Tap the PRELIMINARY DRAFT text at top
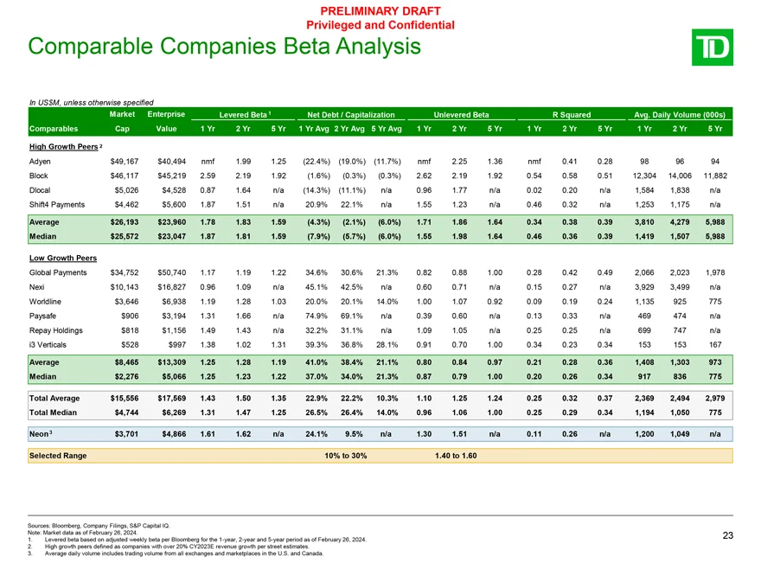pos(380,10)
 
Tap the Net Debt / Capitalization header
pos(345,114)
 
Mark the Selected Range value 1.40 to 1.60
pos(453,456)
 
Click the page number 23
pos(727,536)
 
